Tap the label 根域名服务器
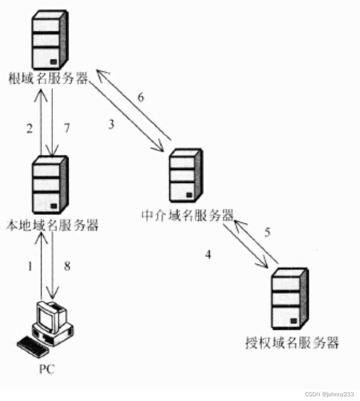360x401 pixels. point(47,79)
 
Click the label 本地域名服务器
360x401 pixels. point(52,226)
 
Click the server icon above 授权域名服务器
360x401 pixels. point(289,299)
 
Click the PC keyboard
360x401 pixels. point(33,347)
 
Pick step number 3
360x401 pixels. point(111,125)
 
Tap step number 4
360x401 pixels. point(208,254)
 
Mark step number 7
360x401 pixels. point(66,128)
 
